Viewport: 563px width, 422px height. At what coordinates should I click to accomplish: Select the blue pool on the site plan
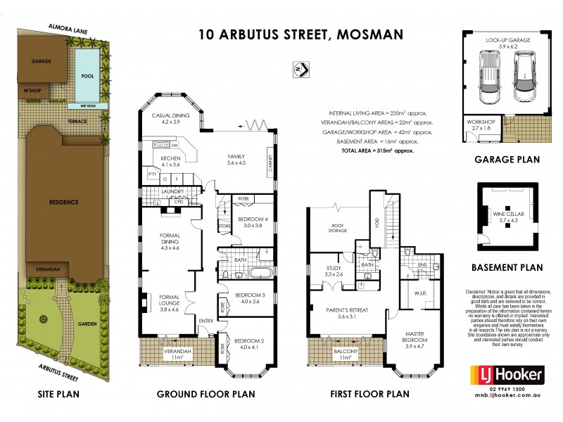click(87, 75)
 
